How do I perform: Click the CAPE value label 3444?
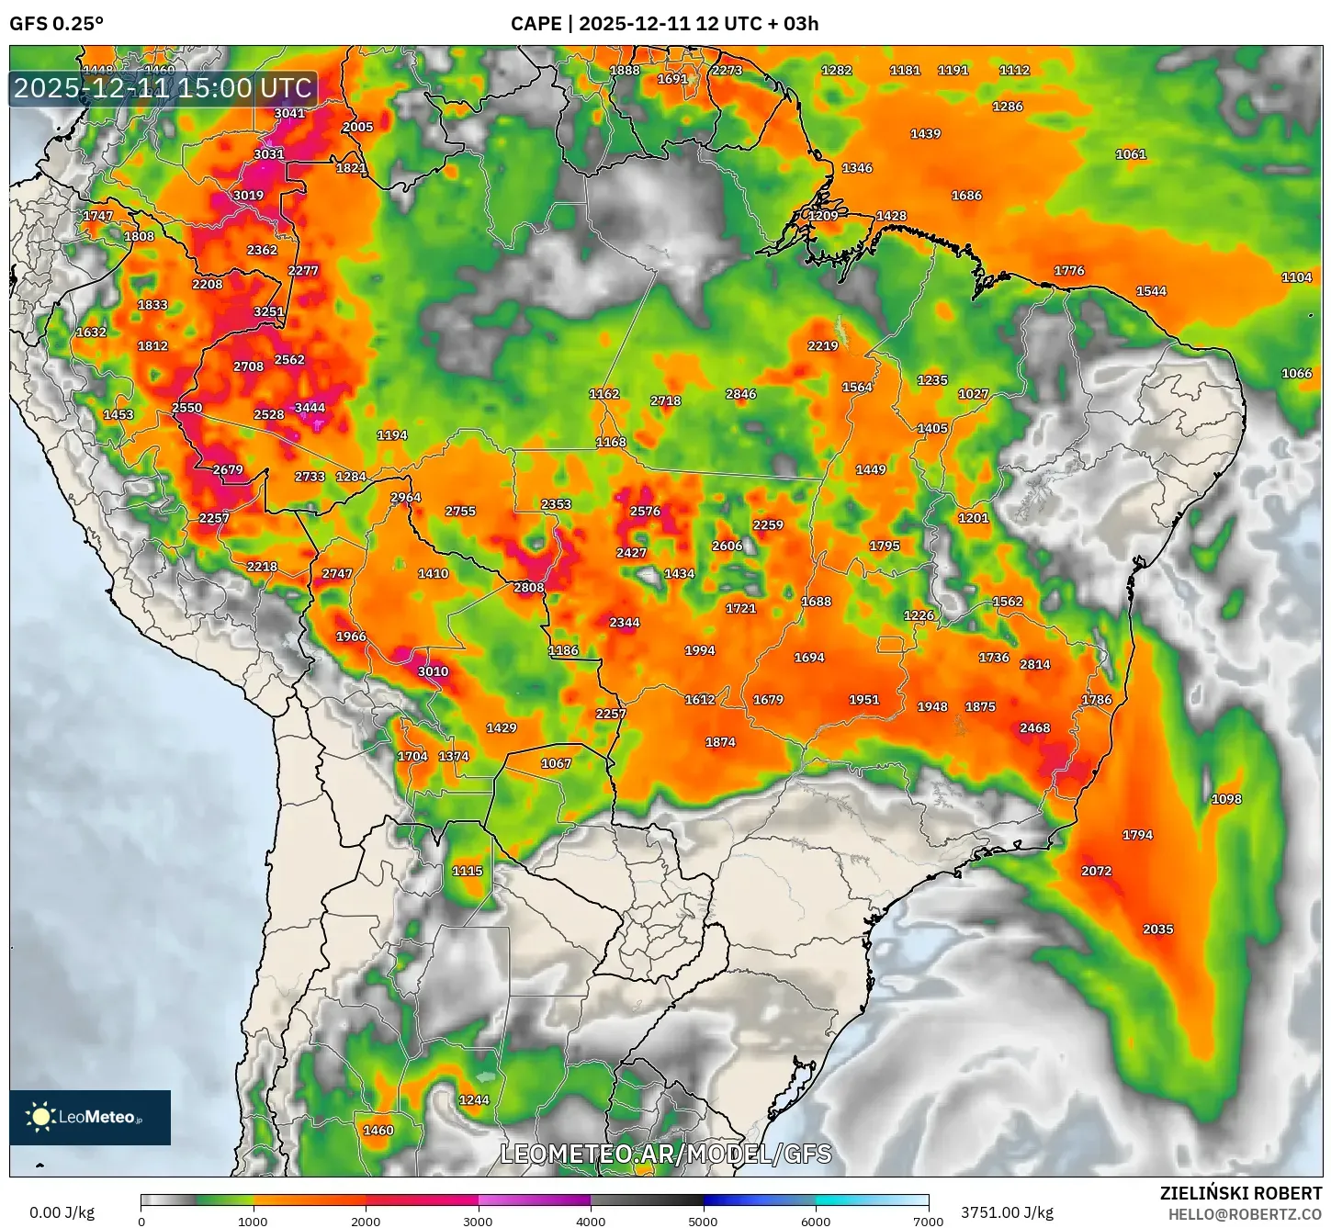(310, 408)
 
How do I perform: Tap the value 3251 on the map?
(269, 311)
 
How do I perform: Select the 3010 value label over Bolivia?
(433, 671)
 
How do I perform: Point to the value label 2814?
(1034, 664)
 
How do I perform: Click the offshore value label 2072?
(1096, 871)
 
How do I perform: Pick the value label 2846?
(740, 394)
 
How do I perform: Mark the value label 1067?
(556, 763)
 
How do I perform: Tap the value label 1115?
(467, 871)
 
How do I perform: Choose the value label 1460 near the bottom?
(378, 1131)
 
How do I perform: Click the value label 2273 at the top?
(727, 70)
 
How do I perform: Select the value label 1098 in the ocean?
(1226, 799)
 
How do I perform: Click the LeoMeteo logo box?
(90, 1118)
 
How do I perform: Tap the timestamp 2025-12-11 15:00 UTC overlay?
(164, 89)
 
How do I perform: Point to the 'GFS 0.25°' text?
(56, 24)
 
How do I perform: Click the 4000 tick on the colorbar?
(591, 1222)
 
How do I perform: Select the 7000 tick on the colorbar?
(928, 1222)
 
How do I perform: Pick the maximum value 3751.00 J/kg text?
(1007, 1212)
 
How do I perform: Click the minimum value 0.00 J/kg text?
(62, 1212)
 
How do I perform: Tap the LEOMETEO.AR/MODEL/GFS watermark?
(665, 1154)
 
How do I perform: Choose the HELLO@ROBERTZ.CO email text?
(1245, 1214)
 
